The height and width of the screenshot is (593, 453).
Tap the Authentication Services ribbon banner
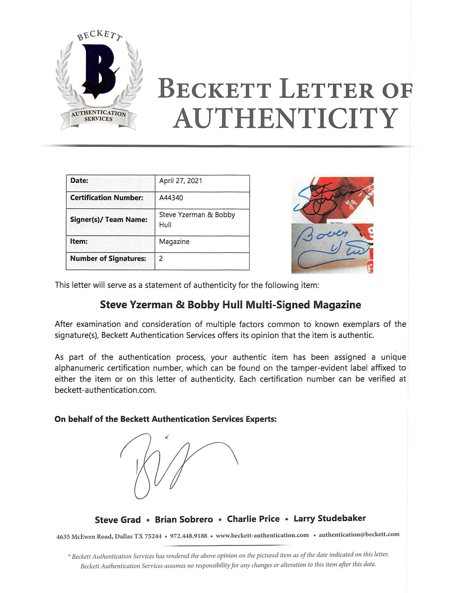point(99,116)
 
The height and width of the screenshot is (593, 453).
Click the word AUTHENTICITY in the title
point(285,118)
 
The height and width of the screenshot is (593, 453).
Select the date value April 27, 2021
point(180,181)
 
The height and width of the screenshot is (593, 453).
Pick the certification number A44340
point(171,198)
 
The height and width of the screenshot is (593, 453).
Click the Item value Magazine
point(174,242)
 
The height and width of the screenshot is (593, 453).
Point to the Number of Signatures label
point(108,259)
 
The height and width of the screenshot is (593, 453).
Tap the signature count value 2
point(161,259)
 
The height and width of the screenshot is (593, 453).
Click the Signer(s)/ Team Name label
point(109,220)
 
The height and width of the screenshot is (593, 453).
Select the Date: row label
point(79,181)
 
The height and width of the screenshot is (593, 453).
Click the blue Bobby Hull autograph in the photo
point(329,248)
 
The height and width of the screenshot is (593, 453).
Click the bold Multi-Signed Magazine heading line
point(230,305)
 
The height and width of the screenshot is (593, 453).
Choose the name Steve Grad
point(118,520)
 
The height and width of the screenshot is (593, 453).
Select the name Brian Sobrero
point(184,520)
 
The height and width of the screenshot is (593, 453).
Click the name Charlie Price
point(253,519)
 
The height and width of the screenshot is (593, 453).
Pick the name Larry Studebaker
point(330,519)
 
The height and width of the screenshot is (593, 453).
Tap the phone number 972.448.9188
point(188,536)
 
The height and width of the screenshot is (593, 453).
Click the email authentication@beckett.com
point(359,534)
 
